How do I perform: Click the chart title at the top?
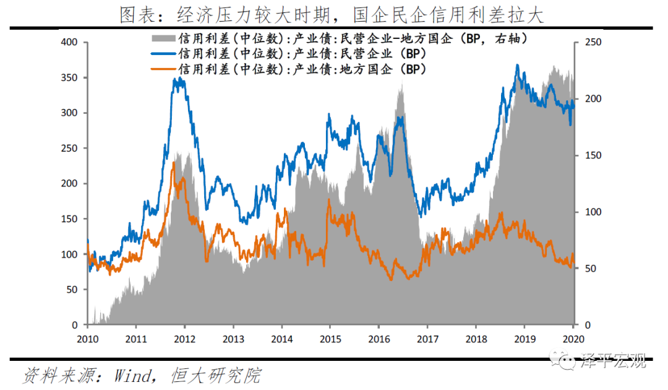coord(332,14)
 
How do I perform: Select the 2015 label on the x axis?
coord(329,339)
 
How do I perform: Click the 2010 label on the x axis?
coord(87,339)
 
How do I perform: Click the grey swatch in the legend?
coord(163,39)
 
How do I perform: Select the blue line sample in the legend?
coord(163,54)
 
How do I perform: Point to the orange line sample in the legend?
coord(163,69)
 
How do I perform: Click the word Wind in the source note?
coord(129,375)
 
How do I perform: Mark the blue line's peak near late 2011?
coord(179,79)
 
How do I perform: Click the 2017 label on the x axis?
coord(426,339)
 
